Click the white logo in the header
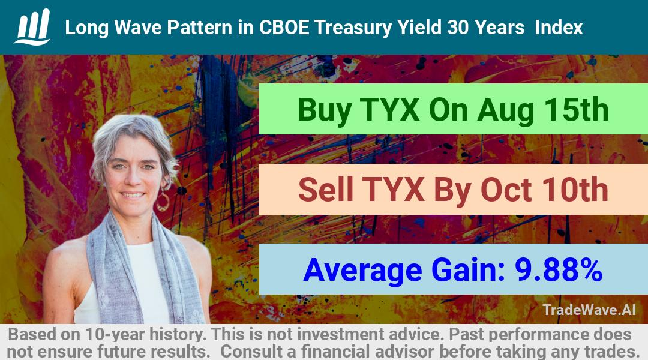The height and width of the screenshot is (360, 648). tap(32, 27)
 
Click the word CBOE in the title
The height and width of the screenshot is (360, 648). tap(284, 28)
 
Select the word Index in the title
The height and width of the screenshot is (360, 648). tap(559, 28)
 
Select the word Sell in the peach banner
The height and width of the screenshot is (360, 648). tap(326, 190)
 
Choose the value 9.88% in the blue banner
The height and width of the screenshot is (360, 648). tap(559, 270)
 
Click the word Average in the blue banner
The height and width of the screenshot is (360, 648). tap(362, 271)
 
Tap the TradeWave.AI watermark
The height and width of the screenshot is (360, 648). tap(589, 310)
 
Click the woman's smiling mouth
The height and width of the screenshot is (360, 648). tap(132, 194)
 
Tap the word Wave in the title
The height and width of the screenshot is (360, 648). tap(138, 28)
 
